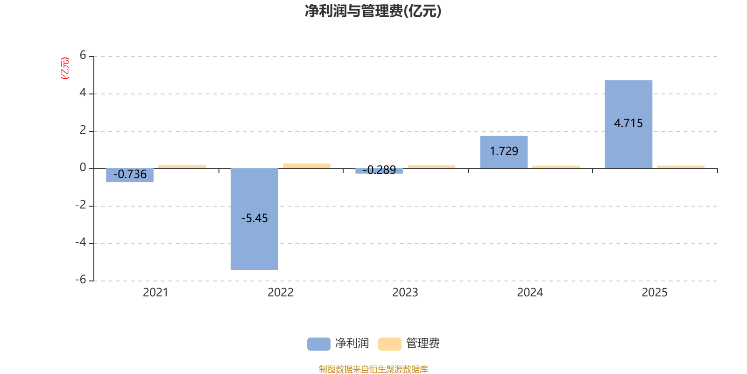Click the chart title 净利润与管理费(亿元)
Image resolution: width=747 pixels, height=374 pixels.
pos(373,11)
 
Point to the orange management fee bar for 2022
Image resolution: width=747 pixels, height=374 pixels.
pos(307,165)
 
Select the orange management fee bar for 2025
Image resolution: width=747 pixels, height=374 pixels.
pos(681,166)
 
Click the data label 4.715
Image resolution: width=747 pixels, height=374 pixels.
pos(628,123)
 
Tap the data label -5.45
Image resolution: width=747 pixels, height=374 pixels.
pos(254,218)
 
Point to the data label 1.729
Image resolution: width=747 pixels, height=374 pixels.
pos(504,151)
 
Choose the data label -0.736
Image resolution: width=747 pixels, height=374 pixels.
pos(130,174)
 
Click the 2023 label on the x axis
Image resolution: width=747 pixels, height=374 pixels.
pos(405,293)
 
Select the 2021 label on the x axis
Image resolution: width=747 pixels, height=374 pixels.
pos(155,293)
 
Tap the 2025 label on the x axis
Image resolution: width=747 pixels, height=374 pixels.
pos(655,293)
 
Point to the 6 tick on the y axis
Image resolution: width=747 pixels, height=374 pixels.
pos(83,56)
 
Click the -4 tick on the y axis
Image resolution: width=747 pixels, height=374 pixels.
pos(81,243)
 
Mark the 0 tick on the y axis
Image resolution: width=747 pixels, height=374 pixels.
pos(83,168)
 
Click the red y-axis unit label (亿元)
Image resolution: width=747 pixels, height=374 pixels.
pos(65,68)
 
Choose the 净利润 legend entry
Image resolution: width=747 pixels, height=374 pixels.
pos(338,344)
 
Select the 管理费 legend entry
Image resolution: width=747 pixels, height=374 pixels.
pos(409,344)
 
